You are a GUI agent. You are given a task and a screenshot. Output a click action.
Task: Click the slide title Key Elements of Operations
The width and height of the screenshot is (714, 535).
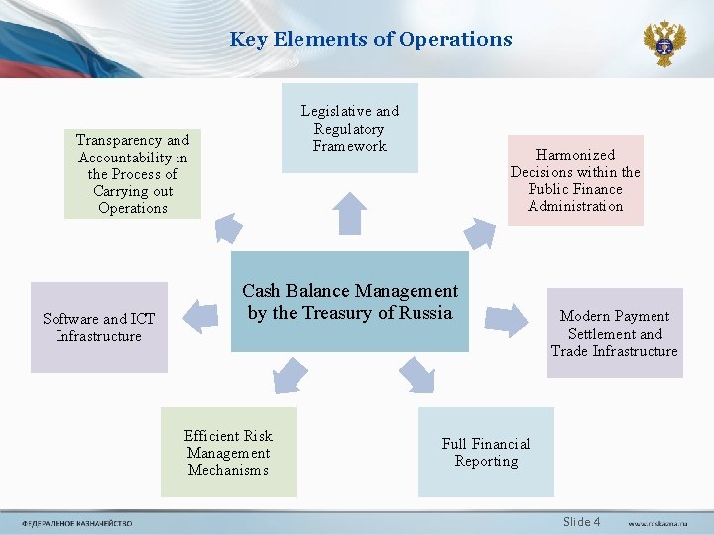click(371, 40)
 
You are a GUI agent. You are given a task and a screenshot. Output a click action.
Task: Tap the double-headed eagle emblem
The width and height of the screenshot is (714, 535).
click(663, 43)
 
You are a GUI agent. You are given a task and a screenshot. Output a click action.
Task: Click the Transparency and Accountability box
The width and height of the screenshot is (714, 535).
click(133, 173)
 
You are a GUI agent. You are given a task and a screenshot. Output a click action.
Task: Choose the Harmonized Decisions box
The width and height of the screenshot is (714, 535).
click(575, 180)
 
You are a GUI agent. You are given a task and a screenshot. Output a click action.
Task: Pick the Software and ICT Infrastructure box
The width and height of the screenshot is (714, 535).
click(99, 327)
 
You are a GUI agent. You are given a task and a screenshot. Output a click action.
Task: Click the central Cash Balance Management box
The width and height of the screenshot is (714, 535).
click(350, 302)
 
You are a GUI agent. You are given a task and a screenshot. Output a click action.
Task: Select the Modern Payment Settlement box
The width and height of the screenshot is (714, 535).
click(615, 333)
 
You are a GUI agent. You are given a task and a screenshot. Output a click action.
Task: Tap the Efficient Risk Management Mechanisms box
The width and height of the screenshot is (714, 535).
click(228, 452)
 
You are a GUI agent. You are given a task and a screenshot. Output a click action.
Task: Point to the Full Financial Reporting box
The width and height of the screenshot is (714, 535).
click(486, 452)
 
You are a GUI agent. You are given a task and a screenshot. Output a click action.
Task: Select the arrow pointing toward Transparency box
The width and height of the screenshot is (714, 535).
click(228, 228)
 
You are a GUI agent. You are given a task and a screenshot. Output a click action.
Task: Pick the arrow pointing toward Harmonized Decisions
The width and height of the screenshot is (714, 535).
click(481, 233)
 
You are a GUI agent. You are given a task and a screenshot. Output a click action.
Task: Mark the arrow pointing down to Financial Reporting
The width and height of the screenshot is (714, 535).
click(416, 375)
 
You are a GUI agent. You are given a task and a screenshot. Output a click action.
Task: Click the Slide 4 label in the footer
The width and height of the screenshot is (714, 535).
click(581, 522)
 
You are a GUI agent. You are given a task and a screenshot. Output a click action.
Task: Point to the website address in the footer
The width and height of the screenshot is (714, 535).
click(655, 523)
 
